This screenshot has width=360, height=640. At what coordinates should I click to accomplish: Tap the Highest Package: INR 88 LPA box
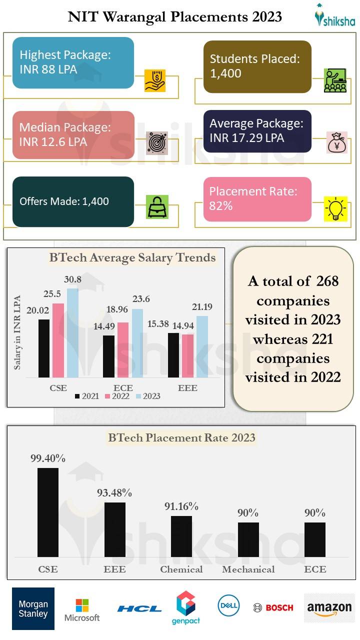(73, 62)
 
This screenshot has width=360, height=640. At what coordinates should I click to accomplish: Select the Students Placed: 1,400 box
(257, 66)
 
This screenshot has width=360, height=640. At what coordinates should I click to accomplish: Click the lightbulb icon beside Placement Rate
(335, 209)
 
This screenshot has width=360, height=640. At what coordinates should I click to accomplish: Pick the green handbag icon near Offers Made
(157, 206)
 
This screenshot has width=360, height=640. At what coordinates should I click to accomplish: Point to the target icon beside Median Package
(157, 142)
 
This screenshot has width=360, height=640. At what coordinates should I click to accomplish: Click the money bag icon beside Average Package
(336, 142)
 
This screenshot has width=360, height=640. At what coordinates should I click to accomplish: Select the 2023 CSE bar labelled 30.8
(72, 333)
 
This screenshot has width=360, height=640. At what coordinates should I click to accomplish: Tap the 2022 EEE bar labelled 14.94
(187, 355)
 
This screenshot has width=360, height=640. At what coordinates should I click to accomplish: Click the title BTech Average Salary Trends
(132, 258)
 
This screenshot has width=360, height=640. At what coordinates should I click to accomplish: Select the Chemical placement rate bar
(181, 536)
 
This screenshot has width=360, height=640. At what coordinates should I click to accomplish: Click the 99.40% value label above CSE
(47, 458)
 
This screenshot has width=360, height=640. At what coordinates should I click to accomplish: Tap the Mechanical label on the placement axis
(248, 569)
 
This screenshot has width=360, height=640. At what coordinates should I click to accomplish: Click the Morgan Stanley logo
(33, 608)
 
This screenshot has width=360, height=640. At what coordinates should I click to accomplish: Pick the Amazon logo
(329, 608)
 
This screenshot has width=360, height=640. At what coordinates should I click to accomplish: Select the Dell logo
(228, 605)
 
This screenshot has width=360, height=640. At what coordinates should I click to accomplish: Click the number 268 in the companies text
(327, 281)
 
